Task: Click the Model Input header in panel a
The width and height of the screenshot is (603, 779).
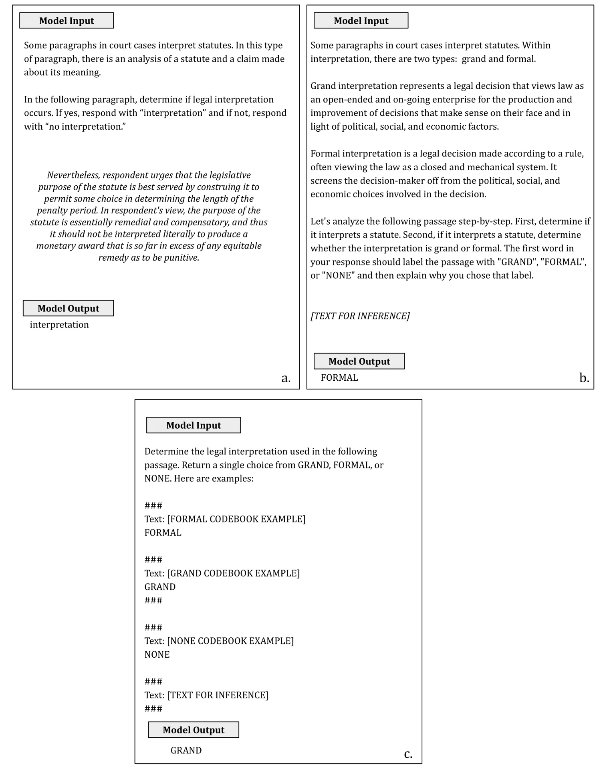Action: coord(67,21)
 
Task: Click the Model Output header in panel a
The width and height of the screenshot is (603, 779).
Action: coord(68,308)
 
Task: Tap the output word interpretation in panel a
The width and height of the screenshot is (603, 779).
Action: coord(59,325)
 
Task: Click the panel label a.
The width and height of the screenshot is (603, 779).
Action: coord(286,377)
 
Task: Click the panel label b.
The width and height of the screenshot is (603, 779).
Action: coord(584,377)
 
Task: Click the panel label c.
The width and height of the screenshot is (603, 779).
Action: coord(408,754)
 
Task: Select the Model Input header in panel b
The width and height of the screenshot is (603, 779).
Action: coord(361,21)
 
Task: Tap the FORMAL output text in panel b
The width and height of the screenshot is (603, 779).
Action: coord(339,377)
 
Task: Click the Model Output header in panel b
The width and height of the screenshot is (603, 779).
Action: coord(359,361)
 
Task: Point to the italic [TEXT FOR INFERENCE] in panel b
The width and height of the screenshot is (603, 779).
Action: coord(360,316)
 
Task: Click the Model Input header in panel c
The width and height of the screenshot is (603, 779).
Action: coord(194,425)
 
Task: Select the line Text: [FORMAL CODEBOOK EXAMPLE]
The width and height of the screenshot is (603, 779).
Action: coord(225,519)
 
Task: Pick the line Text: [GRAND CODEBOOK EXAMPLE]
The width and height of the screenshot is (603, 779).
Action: coord(222,573)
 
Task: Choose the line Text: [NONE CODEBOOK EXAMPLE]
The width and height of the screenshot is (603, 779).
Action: coord(219,640)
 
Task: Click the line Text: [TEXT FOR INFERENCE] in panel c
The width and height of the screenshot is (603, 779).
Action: coord(206,695)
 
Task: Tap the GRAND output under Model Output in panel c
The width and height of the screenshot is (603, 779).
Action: coord(186,750)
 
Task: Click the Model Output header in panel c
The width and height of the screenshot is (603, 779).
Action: coord(194,730)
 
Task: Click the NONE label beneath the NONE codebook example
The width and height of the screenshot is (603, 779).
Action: coord(157,654)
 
